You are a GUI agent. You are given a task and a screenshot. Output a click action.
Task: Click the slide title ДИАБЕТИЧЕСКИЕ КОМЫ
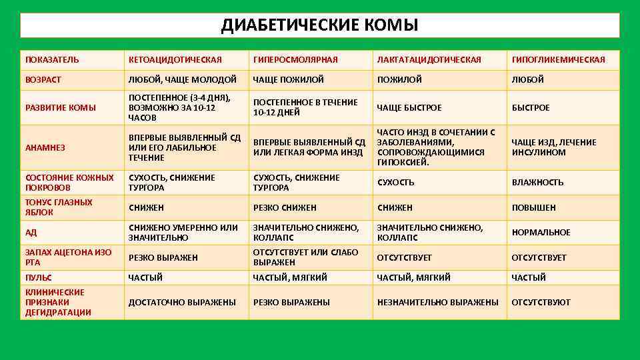pyautogui.click(x=320, y=25)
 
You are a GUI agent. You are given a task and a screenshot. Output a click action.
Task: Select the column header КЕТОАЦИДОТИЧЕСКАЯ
pyautogui.click(x=175, y=60)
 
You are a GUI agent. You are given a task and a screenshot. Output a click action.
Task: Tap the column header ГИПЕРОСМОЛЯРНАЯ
pyautogui.click(x=295, y=60)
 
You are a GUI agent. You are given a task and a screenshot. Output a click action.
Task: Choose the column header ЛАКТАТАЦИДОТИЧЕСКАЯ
pyautogui.click(x=429, y=60)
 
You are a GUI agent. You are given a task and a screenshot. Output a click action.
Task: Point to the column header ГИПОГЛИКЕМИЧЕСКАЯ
pyautogui.click(x=558, y=60)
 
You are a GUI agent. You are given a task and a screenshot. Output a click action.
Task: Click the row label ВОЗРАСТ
pyautogui.click(x=43, y=80)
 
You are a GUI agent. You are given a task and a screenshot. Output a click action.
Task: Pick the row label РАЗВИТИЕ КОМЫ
pyautogui.click(x=61, y=107)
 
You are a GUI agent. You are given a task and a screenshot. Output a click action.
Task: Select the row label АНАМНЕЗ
pyautogui.click(x=45, y=148)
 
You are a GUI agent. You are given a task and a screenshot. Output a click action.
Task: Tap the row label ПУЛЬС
pyautogui.click(x=39, y=277)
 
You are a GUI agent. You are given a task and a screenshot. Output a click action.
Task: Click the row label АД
pyautogui.click(x=31, y=233)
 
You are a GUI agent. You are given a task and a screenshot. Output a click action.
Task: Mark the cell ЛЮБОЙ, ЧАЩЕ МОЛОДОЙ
pyautogui.click(x=182, y=80)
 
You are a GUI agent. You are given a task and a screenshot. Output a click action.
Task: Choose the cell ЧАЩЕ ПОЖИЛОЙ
pyautogui.click(x=289, y=80)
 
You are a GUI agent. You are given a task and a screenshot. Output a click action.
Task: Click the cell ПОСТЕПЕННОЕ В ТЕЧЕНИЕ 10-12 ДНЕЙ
pyautogui.click(x=305, y=107)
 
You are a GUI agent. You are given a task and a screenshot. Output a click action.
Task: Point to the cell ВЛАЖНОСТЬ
pyautogui.click(x=537, y=183)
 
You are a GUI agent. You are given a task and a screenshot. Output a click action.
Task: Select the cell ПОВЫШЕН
pyautogui.click(x=533, y=208)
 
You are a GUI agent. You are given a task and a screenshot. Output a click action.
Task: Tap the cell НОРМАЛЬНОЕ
pyautogui.click(x=541, y=233)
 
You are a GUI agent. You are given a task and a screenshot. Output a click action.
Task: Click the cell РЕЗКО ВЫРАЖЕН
pyautogui.click(x=163, y=257)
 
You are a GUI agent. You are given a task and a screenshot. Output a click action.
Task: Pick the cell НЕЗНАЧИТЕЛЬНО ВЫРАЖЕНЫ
pyautogui.click(x=437, y=303)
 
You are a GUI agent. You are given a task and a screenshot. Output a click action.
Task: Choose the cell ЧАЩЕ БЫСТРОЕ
pyautogui.click(x=409, y=108)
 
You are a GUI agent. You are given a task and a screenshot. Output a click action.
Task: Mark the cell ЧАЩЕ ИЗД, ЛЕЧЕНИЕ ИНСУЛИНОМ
pyautogui.click(x=553, y=147)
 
